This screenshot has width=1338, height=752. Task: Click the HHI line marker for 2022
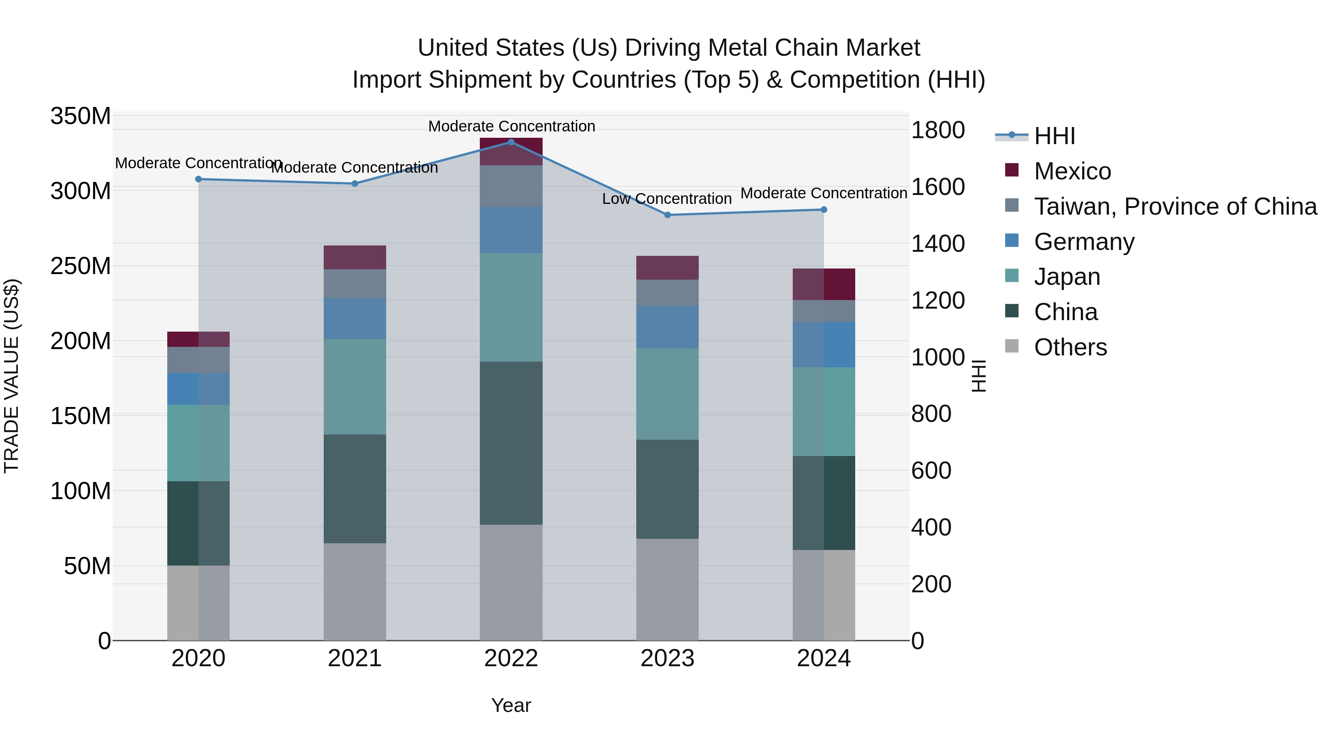pyautogui.click(x=511, y=142)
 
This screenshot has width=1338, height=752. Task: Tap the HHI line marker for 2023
pyautogui.click(x=668, y=215)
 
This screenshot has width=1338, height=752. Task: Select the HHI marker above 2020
pyautogui.click(x=198, y=179)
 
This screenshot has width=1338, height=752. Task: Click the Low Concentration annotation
pyautogui.click(x=666, y=199)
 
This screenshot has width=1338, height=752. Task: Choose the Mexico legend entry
pyautogui.click(x=1072, y=171)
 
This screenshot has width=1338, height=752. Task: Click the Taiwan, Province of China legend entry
pyautogui.click(x=1175, y=206)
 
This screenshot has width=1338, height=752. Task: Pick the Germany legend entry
pyautogui.click(x=1084, y=242)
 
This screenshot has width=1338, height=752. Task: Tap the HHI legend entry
pyautogui.click(x=1054, y=136)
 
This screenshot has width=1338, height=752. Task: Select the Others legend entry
pyautogui.click(x=1070, y=347)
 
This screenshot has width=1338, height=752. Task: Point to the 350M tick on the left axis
pyautogui.click(x=81, y=116)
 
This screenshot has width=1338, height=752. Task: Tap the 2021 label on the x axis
pyautogui.click(x=355, y=658)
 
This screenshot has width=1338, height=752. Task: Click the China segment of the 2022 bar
pyautogui.click(x=511, y=443)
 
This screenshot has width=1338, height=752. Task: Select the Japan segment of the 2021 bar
pyautogui.click(x=355, y=387)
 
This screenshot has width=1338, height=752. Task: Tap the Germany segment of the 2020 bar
pyautogui.click(x=198, y=389)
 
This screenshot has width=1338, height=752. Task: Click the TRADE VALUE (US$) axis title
pyautogui.click(x=12, y=376)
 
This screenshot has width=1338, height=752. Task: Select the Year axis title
pyautogui.click(x=511, y=705)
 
